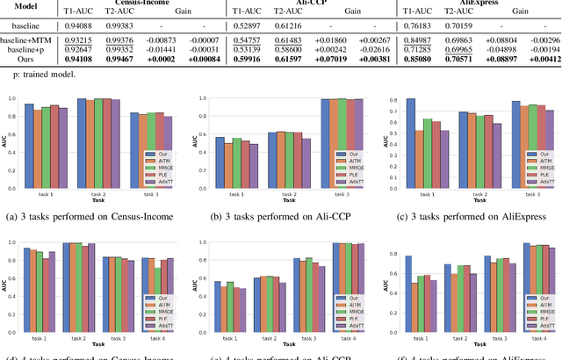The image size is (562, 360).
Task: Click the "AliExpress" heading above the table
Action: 465,3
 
